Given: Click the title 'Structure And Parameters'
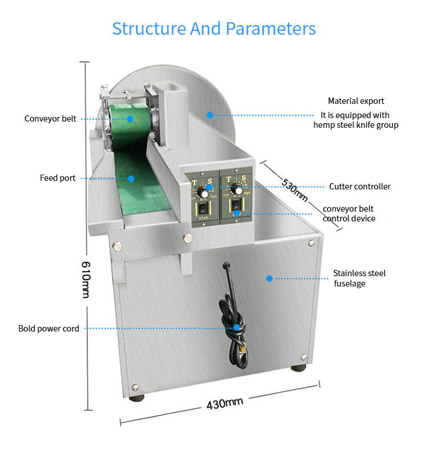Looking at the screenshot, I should [213, 29].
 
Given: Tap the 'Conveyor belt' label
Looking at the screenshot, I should [50, 119].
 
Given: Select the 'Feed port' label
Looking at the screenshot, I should [58, 178].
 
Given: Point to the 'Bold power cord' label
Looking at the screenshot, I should [49, 329].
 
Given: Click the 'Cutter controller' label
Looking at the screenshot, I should [360, 187].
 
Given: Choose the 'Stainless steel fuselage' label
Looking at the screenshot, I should [359, 278].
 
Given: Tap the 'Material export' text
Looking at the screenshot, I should [356, 101].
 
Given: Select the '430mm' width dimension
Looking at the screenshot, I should [225, 403].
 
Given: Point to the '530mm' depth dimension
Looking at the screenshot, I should [295, 190].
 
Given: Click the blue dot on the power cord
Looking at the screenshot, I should [236, 327].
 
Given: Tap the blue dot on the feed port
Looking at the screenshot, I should [131, 178].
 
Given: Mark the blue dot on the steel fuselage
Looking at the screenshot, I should [269, 278].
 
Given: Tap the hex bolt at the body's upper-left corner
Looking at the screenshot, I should [118, 247].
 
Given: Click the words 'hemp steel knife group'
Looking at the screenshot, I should [356, 125].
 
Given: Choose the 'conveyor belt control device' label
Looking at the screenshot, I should [349, 214].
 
